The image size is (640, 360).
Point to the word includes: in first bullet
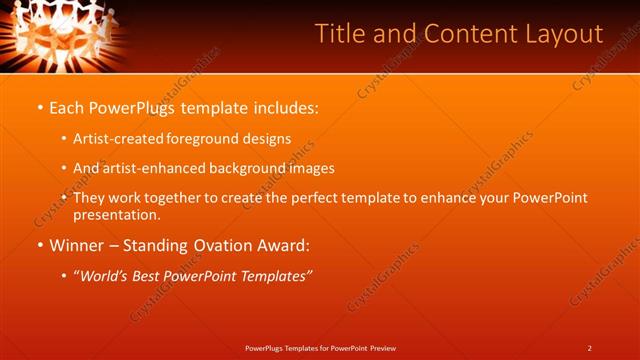[283, 107]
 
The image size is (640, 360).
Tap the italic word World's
[106, 275]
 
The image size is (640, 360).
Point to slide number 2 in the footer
[590, 348]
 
